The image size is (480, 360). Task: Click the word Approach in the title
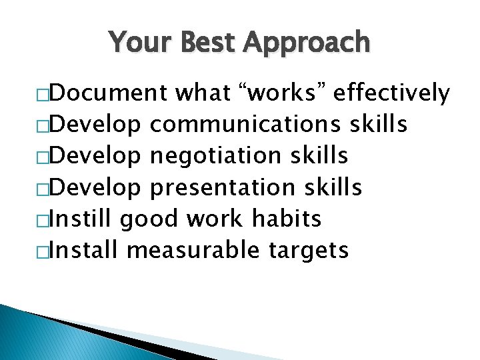(307, 43)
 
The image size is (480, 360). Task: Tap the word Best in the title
(204, 42)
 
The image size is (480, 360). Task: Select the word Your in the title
(137, 42)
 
